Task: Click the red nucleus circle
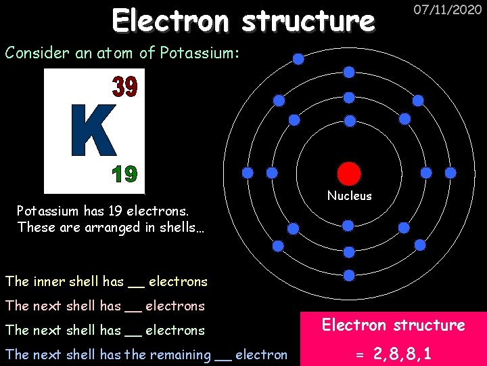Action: pos(349,173)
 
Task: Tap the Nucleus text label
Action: pos(349,196)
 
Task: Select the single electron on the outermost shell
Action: pos(298,59)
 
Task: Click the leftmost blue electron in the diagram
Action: pos(248,173)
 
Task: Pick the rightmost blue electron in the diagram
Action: pos(450,173)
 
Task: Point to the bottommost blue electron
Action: pos(349,275)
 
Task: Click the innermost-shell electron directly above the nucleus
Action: pos(350,121)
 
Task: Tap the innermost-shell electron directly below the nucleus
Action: pos(348,225)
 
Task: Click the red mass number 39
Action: pos(124,87)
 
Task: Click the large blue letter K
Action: pos(94,130)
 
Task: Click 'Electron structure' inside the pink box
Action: pos(393,325)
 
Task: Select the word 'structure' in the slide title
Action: pos(308,21)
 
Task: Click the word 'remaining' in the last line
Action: pos(183,354)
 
